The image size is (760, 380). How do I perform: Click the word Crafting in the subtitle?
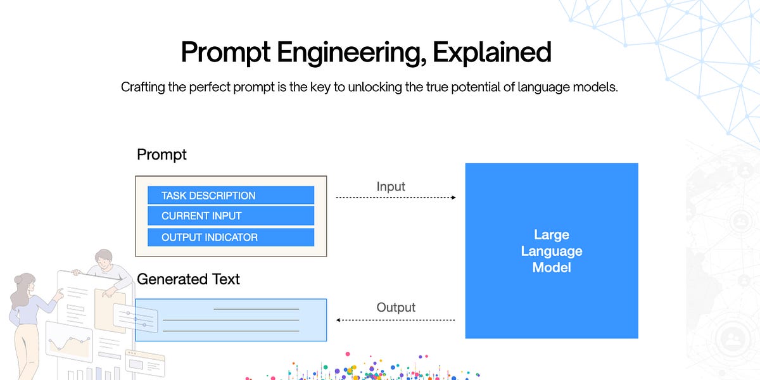[x=145, y=87]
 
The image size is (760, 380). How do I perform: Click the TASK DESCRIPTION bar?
[x=231, y=195]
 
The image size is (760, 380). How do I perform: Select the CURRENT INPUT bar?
[x=231, y=216]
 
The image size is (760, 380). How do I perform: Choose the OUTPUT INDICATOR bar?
[x=231, y=237]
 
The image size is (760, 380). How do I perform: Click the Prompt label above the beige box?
[x=161, y=155]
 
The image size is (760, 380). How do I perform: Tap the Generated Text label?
[x=188, y=279]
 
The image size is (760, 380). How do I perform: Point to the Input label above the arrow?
[x=391, y=186]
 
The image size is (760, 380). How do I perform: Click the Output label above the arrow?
[x=396, y=307]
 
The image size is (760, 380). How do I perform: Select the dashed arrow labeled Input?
[x=395, y=198]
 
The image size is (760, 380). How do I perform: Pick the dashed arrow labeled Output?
[x=395, y=320]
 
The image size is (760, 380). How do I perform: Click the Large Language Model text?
[x=551, y=251]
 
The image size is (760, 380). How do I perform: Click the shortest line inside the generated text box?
[x=256, y=309]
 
